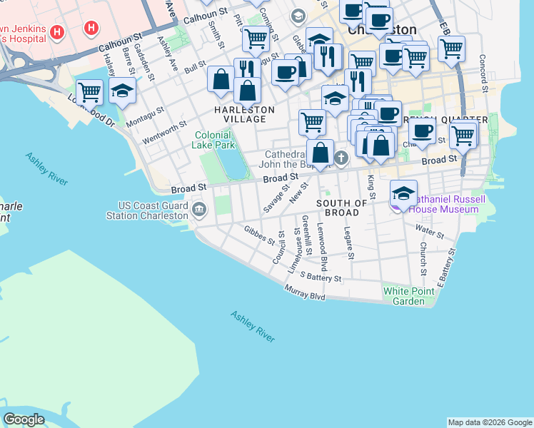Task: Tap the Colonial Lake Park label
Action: click(212, 139)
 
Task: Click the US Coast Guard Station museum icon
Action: click(199, 210)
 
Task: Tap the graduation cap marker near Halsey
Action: click(123, 91)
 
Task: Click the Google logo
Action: click(24, 419)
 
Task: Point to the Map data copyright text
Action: click(489, 422)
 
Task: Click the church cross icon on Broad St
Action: click(341, 158)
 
